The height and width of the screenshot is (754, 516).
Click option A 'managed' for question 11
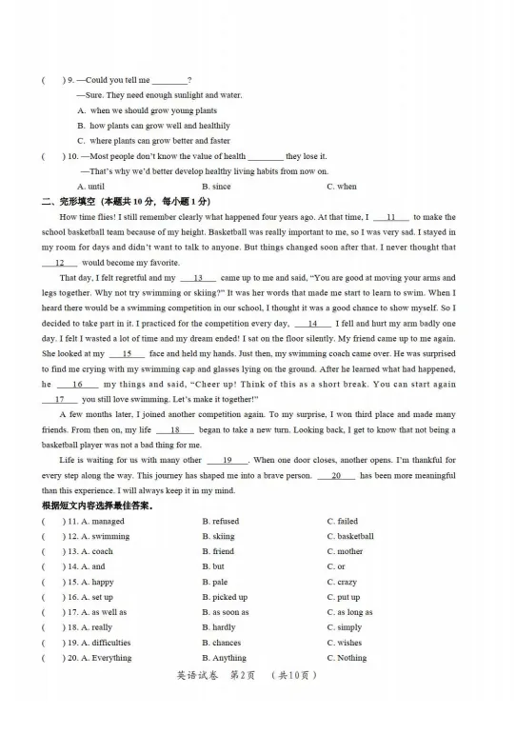pyautogui.click(x=102, y=521)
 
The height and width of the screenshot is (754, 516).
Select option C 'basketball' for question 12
pyautogui.click(x=350, y=536)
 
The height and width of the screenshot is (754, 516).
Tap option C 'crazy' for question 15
pyautogui.click(x=342, y=582)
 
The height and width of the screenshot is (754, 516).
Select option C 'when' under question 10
pyautogui.click(x=342, y=187)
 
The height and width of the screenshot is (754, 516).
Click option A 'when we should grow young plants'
pyautogui.click(x=148, y=110)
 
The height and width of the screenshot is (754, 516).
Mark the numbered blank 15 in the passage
pyautogui.click(x=127, y=353)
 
